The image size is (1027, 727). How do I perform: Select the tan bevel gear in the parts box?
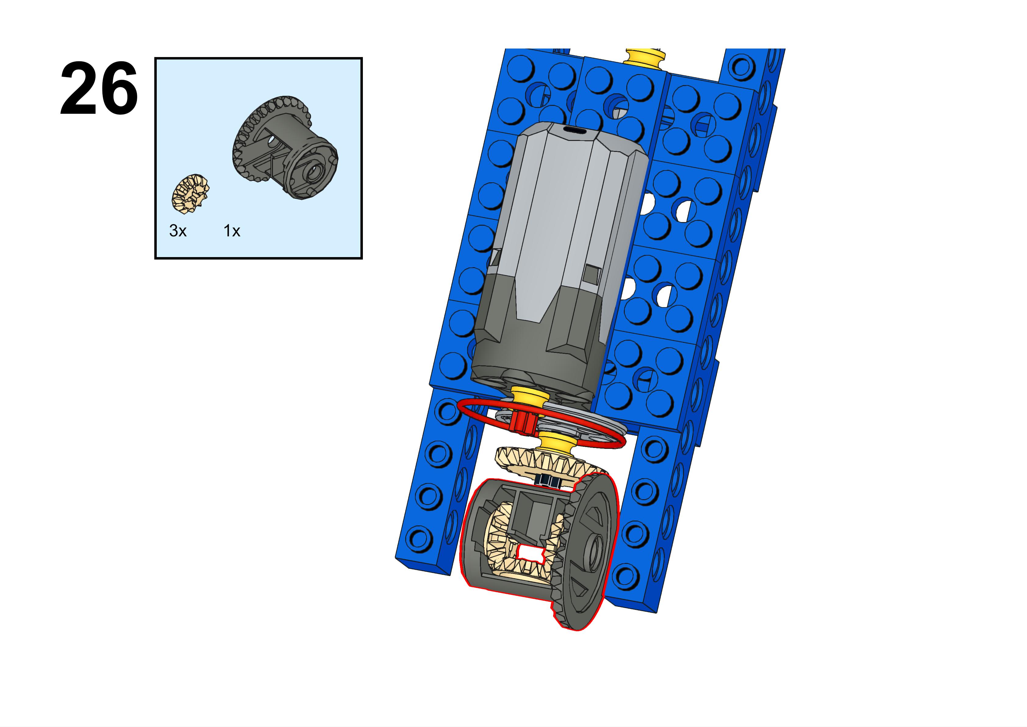[x=191, y=193]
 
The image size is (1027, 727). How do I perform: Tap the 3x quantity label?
[x=178, y=231]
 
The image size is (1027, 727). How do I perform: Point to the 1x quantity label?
[x=232, y=231]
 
